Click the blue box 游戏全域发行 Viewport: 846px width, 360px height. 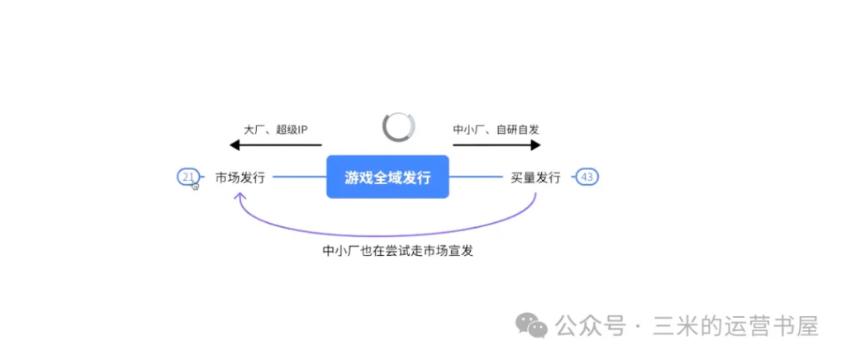pos(387,177)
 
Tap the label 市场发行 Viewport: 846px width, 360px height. pos(240,177)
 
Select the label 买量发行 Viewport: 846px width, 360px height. pos(535,177)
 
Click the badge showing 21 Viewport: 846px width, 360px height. pos(188,177)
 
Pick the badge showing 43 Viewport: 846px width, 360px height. pos(587,177)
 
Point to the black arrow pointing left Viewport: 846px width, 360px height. pos(275,145)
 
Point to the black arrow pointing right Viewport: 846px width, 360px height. pos(497,145)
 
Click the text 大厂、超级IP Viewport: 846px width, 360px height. pos(275,130)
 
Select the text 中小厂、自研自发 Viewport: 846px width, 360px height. pos(497,130)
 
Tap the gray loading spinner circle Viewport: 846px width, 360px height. pos(399,126)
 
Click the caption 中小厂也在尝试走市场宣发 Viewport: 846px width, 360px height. pos(398,250)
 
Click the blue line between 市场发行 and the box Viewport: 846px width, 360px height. pos(299,177)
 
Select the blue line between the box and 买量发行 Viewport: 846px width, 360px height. pos(476,177)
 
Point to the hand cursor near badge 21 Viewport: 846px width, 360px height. pos(196,185)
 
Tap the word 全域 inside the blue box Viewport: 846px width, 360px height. pos(387,177)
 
